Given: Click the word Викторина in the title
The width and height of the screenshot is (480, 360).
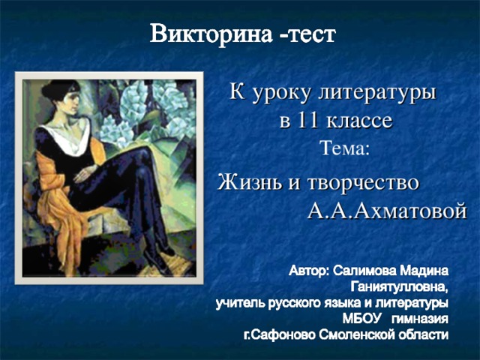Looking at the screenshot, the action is click(211, 34).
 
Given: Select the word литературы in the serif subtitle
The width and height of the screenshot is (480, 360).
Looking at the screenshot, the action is click(376, 93).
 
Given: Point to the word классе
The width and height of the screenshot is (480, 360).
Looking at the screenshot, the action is click(359, 121).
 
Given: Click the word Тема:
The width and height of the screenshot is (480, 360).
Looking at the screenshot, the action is click(345, 148).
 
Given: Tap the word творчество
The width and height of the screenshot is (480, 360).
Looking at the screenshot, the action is click(363, 183).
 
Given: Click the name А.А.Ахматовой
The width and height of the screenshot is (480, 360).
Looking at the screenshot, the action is click(387, 211).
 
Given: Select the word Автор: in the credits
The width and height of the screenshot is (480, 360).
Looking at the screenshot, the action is click(309, 271).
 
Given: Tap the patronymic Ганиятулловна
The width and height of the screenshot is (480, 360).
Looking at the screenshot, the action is click(400, 286).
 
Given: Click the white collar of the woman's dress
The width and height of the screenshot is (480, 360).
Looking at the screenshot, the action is click(69, 138).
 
